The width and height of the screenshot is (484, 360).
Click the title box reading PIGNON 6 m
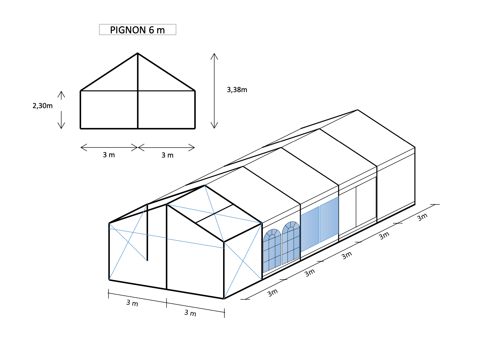(138, 30)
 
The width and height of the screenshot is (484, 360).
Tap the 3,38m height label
(237, 90)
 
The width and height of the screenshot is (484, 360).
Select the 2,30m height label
(43, 106)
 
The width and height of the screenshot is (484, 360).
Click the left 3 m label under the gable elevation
(109, 155)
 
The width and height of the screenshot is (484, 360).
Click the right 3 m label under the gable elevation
(167, 155)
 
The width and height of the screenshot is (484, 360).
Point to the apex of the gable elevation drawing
(138, 53)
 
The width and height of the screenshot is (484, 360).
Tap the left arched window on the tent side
(272, 251)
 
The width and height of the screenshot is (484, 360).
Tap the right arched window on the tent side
(291, 243)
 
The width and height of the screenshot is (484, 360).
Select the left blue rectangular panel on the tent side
(310, 229)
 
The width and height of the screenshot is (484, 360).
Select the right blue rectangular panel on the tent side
(329, 219)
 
